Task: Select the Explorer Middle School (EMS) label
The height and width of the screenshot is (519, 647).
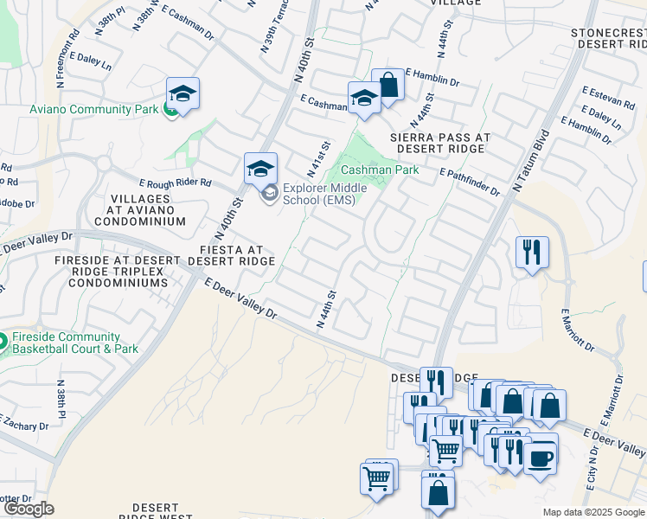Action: click(x=325, y=194)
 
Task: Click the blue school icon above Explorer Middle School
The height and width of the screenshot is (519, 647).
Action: click(x=260, y=168)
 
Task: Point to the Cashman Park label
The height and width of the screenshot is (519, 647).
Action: click(x=380, y=170)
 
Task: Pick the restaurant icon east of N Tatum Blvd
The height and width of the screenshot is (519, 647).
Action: click(x=531, y=252)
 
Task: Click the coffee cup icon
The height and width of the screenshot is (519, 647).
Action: click(x=541, y=458)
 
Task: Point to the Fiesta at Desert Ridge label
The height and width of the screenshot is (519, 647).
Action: click(x=231, y=254)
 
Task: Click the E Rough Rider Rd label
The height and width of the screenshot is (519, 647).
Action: click(x=176, y=183)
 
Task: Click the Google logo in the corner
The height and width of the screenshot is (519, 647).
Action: click(x=29, y=509)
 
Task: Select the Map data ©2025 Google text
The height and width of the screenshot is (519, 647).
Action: click(x=593, y=512)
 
